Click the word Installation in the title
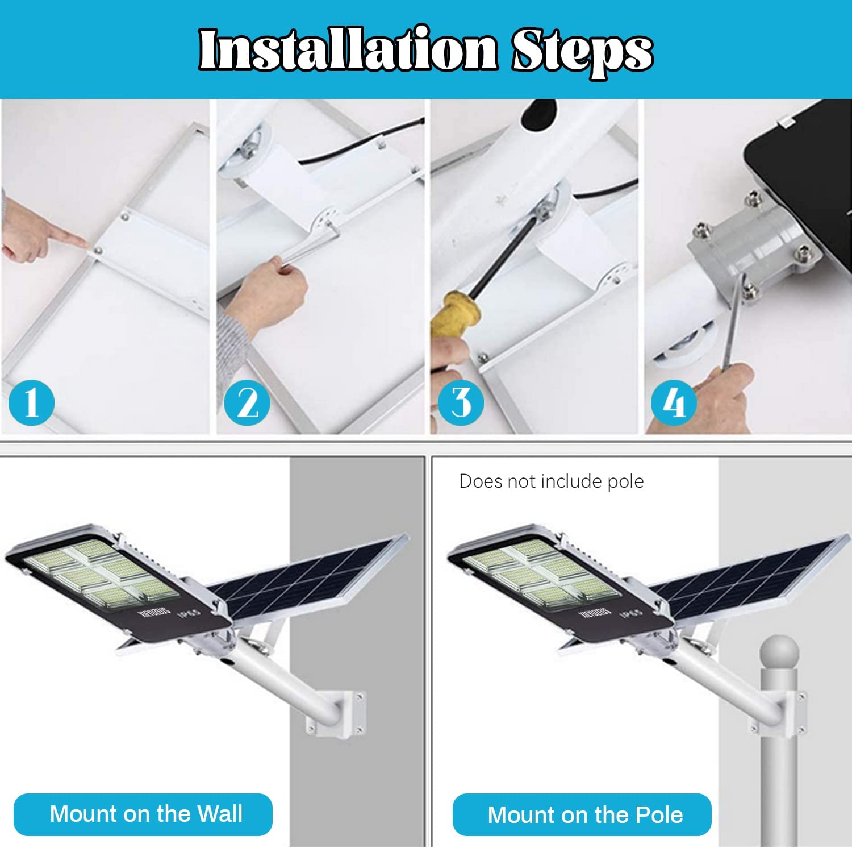click(348, 50)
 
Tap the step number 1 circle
click(31, 402)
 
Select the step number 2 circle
click(247, 402)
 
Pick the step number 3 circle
click(461, 402)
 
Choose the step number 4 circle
click(674, 402)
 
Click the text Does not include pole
click(551, 481)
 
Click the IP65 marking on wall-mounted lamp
click(189, 614)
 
